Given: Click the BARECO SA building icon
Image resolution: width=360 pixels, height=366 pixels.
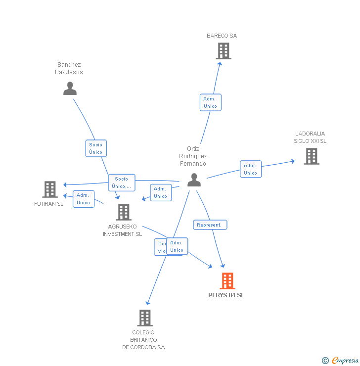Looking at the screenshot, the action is click(224, 51).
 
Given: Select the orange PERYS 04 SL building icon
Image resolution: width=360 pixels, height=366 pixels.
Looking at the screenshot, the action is click(227, 281).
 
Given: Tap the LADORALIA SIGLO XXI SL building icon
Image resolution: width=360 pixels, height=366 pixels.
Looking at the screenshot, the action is click(311, 156).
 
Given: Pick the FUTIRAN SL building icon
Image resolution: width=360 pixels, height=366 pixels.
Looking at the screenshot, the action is click(50, 189).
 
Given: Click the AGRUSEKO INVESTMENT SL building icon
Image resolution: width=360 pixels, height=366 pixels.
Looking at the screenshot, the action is click(124, 212).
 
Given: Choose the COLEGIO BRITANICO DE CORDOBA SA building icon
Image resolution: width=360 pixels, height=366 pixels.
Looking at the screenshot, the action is click(144, 318).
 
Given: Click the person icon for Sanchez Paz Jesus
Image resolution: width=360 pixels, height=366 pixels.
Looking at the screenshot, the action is click(70, 89).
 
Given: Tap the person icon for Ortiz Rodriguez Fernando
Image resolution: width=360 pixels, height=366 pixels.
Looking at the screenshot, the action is click(194, 180).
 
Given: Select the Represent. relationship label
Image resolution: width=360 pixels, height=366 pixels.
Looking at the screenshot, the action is click(210, 225).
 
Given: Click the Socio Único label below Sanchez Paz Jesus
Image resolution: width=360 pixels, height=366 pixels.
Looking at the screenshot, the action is click(96, 148).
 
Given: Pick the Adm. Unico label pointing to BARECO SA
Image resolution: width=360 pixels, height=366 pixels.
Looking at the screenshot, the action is click(210, 102).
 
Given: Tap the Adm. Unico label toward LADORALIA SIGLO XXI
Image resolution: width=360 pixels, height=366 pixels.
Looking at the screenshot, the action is click(250, 169).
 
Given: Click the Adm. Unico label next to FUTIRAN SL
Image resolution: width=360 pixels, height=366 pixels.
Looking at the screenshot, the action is click(84, 199).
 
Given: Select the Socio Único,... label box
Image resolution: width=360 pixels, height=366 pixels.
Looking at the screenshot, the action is click(122, 183).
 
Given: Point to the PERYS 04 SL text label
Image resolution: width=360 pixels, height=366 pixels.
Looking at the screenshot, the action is click(226, 295).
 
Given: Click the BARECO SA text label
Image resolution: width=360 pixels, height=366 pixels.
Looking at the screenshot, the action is click(222, 36).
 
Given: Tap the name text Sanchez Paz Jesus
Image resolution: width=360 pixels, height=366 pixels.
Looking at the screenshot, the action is click(69, 68).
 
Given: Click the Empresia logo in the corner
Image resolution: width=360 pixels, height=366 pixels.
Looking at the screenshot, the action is click(345, 361).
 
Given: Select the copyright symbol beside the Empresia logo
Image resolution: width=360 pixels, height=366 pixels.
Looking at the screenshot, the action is click(325, 361).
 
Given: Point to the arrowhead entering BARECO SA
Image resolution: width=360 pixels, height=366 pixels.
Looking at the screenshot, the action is click(220, 63).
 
